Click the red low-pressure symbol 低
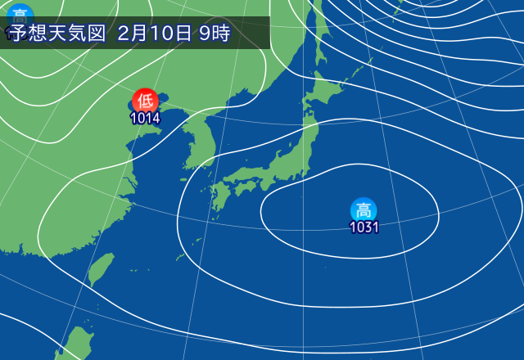tap(145, 101)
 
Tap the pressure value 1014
tap(145, 118)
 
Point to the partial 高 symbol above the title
tap(19, 11)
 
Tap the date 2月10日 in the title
tap(154, 34)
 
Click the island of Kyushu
tap(219, 198)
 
